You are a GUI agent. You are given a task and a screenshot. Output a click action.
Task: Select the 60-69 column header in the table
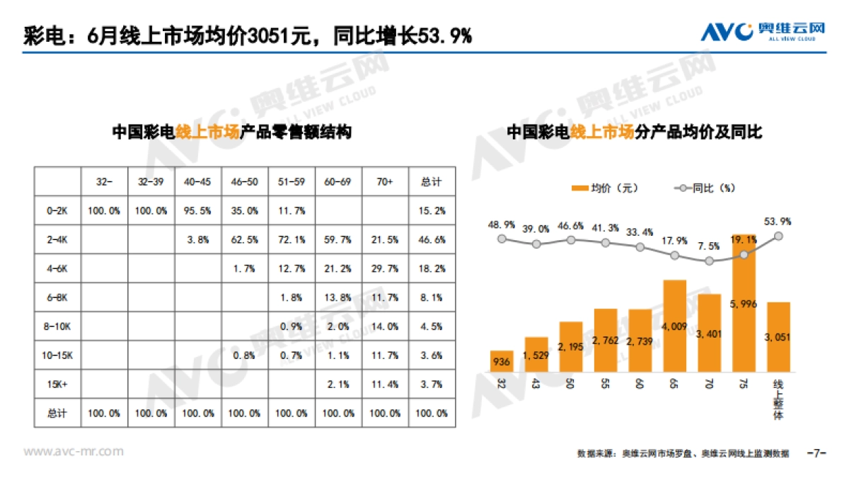coord(338,182)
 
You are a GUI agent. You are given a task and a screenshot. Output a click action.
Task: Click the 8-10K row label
coord(59,326)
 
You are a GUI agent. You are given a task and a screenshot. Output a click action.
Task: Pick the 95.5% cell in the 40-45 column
coord(198,211)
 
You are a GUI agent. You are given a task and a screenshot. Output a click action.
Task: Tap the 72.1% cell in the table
coord(291,240)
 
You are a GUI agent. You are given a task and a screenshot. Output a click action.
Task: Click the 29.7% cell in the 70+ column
coord(384,269)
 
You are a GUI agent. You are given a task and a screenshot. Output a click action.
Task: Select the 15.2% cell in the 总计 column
coord(432,211)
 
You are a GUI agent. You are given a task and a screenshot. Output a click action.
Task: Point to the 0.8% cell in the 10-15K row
coord(245,355)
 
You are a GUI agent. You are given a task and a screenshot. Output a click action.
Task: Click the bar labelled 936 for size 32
coord(502,361)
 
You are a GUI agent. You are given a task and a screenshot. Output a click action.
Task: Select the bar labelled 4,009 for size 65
coord(675,326)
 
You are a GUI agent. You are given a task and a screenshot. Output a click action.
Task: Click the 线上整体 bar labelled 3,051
coord(778,337)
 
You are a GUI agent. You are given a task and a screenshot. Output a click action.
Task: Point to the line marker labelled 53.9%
coord(779,237)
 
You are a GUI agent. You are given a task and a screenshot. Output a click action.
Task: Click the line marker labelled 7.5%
coord(710,261)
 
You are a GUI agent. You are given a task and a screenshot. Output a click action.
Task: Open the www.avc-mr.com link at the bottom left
coord(74,451)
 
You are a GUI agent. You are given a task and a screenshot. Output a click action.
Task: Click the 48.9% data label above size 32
coord(501,224)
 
